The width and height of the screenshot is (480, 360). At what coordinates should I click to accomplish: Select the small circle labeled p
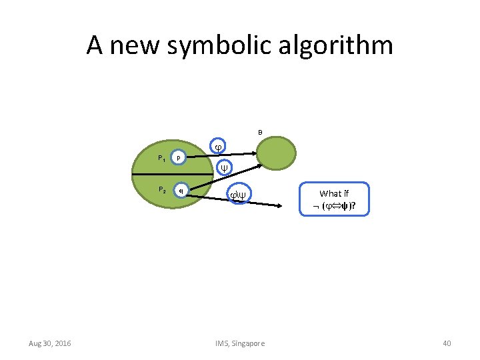pos(178,157)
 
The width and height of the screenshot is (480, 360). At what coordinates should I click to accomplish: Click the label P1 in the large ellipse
pos(161,159)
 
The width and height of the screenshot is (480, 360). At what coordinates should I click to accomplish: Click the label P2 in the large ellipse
pos(161,190)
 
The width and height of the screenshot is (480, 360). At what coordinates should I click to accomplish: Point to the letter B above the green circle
pos(260,132)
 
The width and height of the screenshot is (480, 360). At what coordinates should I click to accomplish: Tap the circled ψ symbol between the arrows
pos(225,167)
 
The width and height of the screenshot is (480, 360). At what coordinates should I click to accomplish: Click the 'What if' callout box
pos(334,199)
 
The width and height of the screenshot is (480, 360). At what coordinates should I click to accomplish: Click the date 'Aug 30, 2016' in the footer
pos(50,343)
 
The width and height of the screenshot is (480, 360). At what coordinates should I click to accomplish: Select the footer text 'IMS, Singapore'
pos(240,343)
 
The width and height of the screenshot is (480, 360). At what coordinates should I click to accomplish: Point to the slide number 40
pos(447,343)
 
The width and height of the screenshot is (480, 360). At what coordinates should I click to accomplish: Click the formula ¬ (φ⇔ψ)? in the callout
pos(334,205)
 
